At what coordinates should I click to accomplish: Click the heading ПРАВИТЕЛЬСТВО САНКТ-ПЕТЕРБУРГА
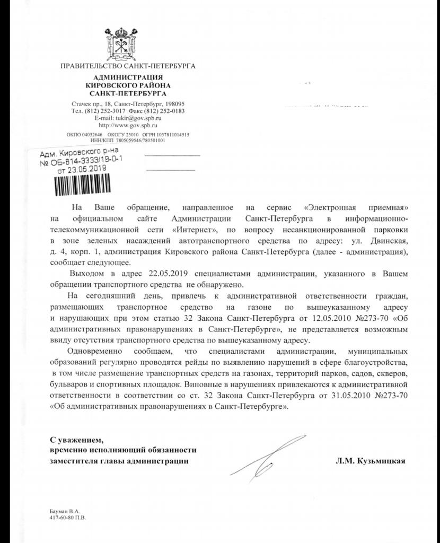tap(128, 66)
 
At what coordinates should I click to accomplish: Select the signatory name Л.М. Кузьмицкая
tap(370, 461)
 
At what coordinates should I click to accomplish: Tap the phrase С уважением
tap(74, 440)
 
